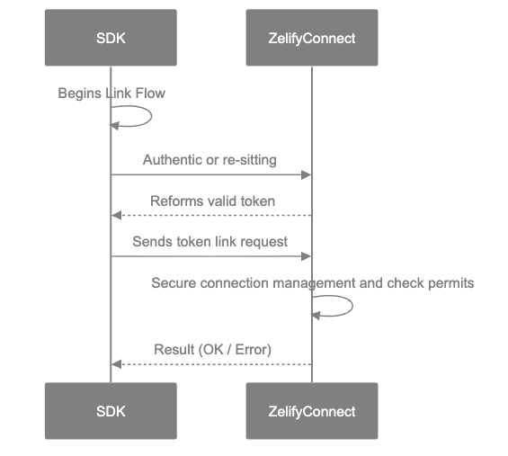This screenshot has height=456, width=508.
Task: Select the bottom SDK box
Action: [x=111, y=412]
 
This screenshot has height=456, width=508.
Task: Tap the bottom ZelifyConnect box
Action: [x=312, y=412]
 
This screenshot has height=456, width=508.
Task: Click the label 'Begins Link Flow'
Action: [x=111, y=93]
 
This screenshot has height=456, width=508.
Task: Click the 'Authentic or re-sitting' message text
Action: [x=209, y=159]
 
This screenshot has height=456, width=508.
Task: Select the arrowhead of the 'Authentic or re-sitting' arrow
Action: [x=307, y=174]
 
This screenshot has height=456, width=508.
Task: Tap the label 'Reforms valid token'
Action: [x=212, y=201]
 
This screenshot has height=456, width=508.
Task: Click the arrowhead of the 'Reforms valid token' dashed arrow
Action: [x=116, y=216]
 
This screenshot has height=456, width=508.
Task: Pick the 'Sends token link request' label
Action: [x=209, y=241]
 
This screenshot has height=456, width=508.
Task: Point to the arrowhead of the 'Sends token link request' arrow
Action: [x=307, y=256]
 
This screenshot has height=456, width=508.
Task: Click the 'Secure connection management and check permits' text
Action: [x=312, y=283]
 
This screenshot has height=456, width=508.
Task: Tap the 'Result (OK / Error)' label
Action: [x=212, y=349]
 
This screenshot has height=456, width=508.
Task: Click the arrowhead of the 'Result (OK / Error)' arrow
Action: [x=116, y=363]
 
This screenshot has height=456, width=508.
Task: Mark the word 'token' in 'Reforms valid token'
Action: [x=257, y=201]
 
